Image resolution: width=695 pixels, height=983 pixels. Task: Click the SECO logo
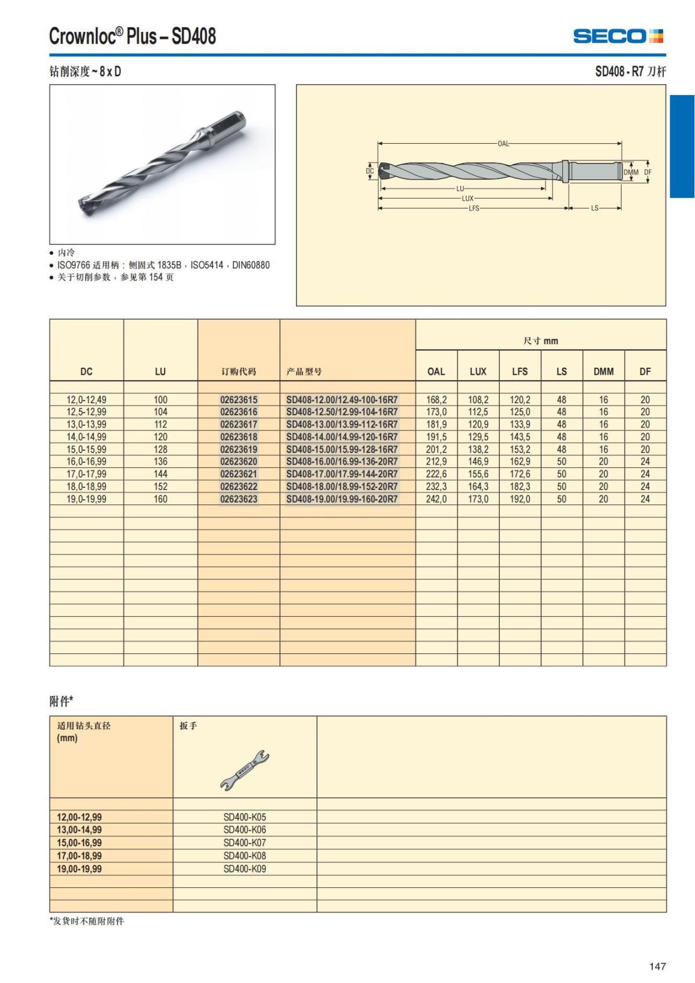click(x=618, y=36)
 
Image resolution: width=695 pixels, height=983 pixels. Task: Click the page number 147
click(x=657, y=966)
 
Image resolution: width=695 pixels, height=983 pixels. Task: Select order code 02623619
click(x=239, y=450)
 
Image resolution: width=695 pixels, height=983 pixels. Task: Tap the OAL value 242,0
click(x=436, y=499)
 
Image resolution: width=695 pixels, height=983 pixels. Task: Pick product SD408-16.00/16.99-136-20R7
click(x=342, y=462)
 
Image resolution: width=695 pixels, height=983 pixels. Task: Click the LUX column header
click(x=478, y=372)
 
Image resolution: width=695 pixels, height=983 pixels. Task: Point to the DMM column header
click(x=603, y=372)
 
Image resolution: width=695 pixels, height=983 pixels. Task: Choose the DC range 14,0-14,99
click(x=86, y=437)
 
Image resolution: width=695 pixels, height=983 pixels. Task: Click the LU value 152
click(x=160, y=487)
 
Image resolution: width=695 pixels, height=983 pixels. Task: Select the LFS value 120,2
click(x=520, y=400)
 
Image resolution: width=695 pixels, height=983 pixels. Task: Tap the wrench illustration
click(x=244, y=770)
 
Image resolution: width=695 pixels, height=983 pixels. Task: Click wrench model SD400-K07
click(x=244, y=843)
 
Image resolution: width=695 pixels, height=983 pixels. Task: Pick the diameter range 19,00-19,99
click(x=79, y=869)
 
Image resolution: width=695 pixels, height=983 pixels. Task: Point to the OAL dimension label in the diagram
click(x=503, y=144)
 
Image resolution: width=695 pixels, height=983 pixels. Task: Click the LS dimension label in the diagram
click(x=594, y=208)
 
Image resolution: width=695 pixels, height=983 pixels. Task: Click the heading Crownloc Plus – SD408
click(x=133, y=36)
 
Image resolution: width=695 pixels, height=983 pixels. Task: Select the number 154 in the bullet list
click(x=155, y=277)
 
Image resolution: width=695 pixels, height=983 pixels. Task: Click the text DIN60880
click(x=251, y=265)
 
